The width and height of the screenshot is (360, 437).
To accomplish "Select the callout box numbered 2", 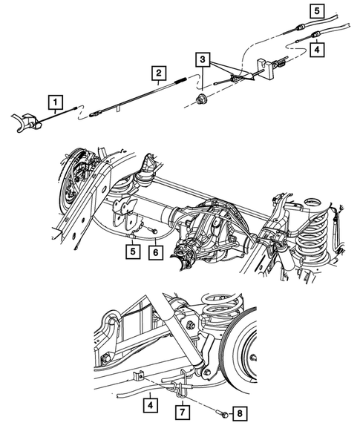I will pyautogui.click(x=158, y=73).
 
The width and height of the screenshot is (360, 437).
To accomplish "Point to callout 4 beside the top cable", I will pyautogui.click(x=318, y=50).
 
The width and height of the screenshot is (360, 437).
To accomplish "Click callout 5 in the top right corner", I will pyautogui.click(x=318, y=10).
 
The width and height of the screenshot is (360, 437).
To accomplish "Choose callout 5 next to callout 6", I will pyautogui.click(x=131, y=252).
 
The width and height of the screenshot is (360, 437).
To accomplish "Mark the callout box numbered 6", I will pyautogui.click(x=154, y=252).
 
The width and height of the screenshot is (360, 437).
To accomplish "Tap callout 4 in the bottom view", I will pyautogui.click(x=151, y=405).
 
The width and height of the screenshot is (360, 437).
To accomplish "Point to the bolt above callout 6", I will pyautogui.click(x=152, y=231).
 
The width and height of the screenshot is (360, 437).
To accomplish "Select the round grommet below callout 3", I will pyautogui.click(x=201, y=98).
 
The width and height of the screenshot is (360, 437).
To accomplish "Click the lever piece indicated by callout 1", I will pyautogui.click(x=27, y=119).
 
